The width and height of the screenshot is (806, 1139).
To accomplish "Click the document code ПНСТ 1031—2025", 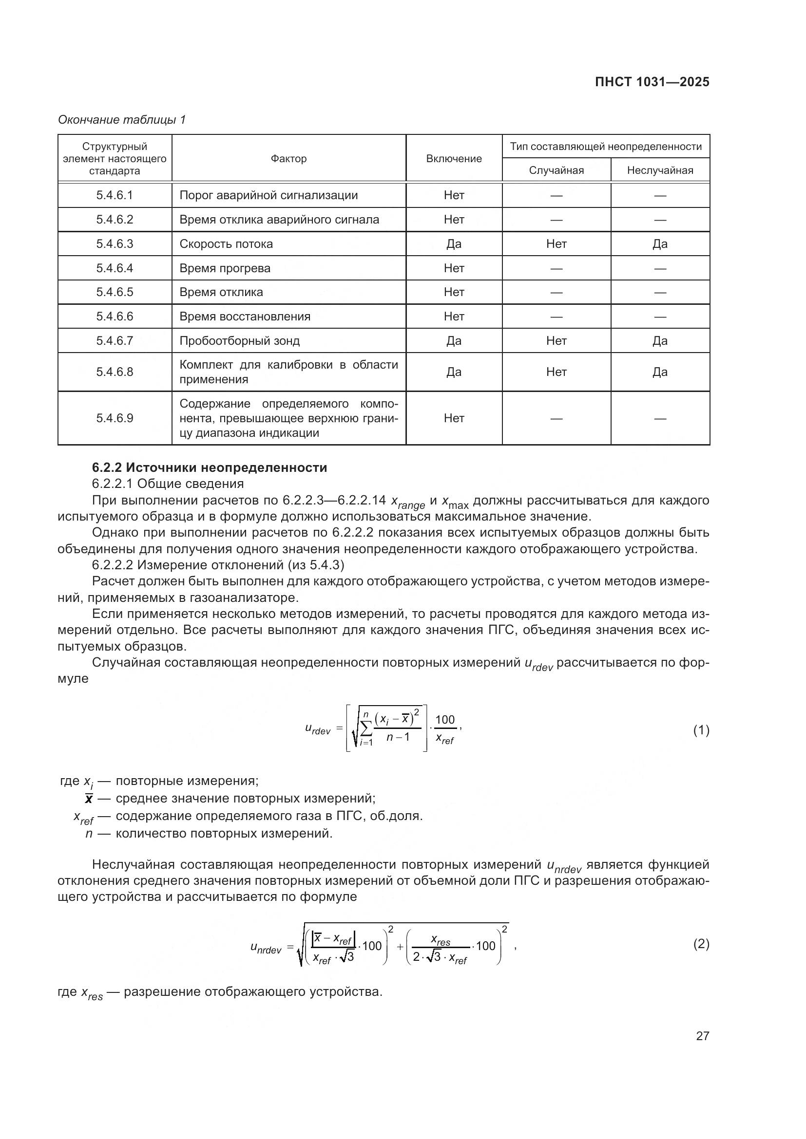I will click(x=652, y=82).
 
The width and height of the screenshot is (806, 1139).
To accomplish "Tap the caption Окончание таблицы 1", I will click(x=122, y=120).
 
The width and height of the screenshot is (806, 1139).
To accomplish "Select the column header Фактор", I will click(x=288, y=159).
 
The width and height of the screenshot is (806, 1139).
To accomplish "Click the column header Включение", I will click(x=454, y=159).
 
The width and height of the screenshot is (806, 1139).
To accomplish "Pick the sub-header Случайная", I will click(x=556, y=170).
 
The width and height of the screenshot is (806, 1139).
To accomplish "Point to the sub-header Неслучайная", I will click(x=660, y=170).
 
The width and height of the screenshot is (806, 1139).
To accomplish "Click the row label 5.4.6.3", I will click(x=115, y=244).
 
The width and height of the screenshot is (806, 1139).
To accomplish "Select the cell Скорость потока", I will click(x=226, y=244).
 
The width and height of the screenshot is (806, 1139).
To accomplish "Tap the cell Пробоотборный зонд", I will click(x=240, y=341).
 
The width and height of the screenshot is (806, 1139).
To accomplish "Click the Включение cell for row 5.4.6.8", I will click(x=454, y=372).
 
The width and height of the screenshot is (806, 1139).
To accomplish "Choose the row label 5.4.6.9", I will click(x=115, y=418).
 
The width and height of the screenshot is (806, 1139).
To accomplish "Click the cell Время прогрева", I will click(x=225, y=268).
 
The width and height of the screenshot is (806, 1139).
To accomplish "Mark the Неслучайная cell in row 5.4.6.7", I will click(x=660, y=341).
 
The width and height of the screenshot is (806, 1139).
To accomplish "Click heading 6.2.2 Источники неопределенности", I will click(x=210, y=467).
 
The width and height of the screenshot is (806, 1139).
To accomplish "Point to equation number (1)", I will click(x=701, y=730).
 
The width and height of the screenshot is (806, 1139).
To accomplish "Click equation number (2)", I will click(x=701, y=944).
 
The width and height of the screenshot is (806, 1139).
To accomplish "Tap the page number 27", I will click(x=702, y=1036).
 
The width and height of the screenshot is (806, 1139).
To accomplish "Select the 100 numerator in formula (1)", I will click(x=445, y=720).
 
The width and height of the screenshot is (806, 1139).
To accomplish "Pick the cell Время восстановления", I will click(x=245, y=317).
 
